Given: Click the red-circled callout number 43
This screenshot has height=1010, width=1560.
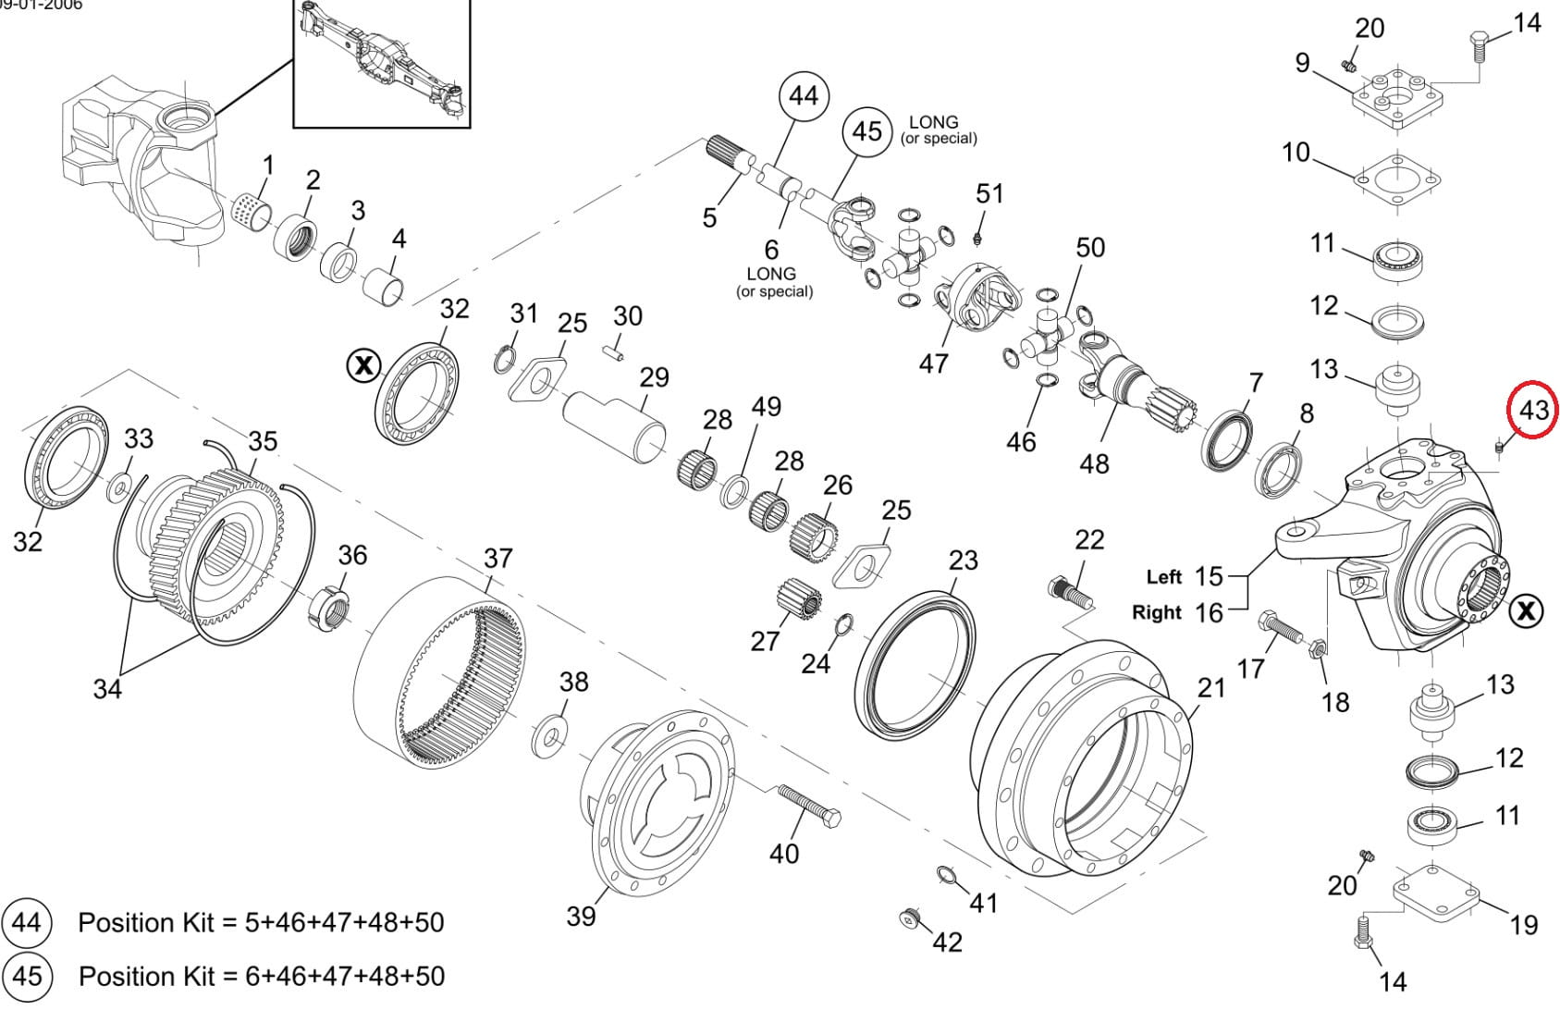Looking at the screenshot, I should (1532, 410).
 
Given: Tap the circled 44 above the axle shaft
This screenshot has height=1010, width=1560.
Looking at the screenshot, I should (803, 95).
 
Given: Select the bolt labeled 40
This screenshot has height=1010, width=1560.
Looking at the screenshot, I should (809, 806).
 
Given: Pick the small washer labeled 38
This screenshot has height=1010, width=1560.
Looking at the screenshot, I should (552, 737).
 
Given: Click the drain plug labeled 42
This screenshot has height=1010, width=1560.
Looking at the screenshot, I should (911, 917).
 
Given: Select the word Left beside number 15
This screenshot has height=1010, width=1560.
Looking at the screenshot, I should (1163, 577).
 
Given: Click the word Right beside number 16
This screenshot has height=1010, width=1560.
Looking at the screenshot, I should (1157, 612).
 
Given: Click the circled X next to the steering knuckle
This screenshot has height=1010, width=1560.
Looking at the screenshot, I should (1526, 610).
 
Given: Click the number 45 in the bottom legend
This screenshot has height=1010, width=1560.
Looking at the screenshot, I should (27, 976).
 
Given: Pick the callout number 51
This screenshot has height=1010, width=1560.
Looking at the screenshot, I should (989, 193).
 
